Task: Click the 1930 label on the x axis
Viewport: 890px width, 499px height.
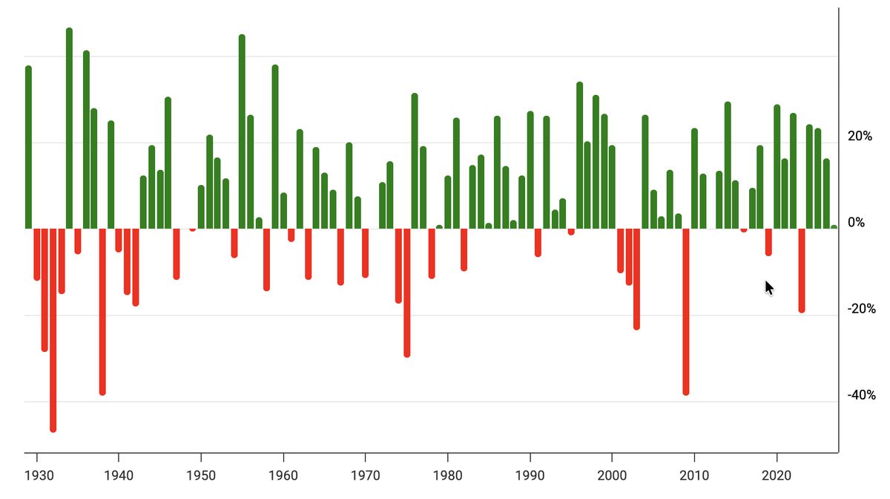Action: [x=36, y=475]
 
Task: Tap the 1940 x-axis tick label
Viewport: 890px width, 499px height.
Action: [x=119, y=475]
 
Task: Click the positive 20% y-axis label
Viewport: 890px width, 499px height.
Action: [x=860, y=137]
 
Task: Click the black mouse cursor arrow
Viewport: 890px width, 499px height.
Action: [x=769, y=287]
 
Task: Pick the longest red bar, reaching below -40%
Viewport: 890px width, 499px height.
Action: [x=53, y=330]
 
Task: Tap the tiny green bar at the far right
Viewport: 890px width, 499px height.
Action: [x=834, y=226]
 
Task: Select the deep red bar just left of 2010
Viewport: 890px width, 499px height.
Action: [x=686, y=312]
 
